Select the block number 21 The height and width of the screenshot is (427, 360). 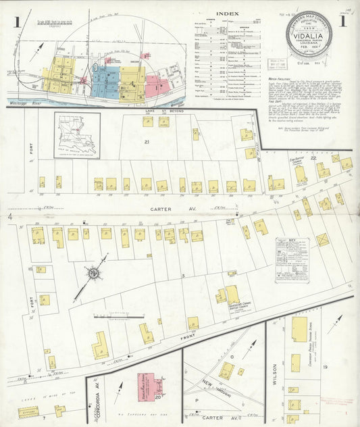point(145,142)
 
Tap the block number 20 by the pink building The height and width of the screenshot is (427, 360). point(157,397)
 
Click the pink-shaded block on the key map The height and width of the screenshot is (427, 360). point(157,84)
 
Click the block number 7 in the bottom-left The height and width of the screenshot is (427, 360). point(44,418)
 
